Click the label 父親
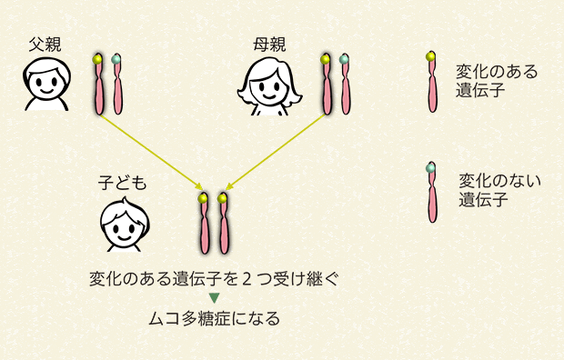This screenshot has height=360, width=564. tap(44, 44)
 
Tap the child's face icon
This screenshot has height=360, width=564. tap(122, 225)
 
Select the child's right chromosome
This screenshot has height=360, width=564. tap(224, 224)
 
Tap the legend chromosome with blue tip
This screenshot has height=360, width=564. tap(432, 193)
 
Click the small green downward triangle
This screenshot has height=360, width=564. tap(215, 297)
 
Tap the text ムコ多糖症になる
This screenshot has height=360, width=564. tap(215, 318)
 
